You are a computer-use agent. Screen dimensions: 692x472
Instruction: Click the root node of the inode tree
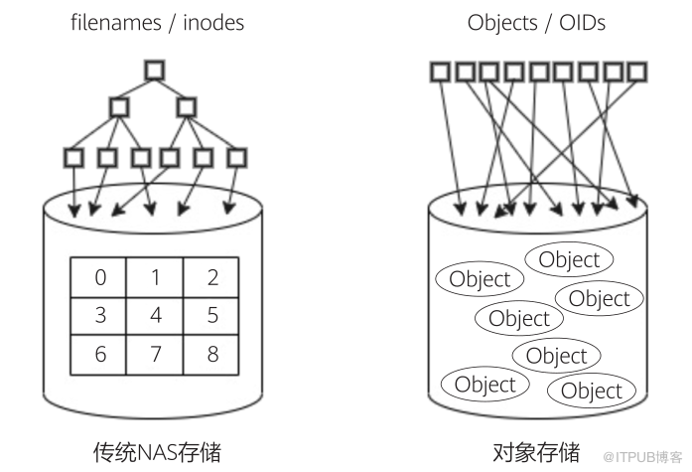click(x=155, y=71)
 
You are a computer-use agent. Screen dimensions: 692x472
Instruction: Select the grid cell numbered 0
click(x=98, y=277)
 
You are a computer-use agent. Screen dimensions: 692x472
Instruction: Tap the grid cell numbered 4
click(x=155, y=316)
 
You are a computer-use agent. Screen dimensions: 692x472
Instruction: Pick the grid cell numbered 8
click(x=210, y=355)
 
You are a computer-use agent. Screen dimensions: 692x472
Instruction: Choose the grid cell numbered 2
click(x=210, y=277)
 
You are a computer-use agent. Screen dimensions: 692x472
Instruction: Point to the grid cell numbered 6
click(x=98, y=355)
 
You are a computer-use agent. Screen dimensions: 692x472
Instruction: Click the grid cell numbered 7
click(x=155, y=355)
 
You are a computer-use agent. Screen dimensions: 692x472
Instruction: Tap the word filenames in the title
click(x=116, y=23)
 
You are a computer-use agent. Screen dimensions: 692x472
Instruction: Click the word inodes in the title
click(x=213, y=23)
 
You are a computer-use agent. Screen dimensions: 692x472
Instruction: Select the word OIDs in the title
click(x=582, y=23)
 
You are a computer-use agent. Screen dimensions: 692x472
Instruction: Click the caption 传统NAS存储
click(x=157, y=452)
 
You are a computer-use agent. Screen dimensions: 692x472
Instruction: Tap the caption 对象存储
click(x=536, y=452)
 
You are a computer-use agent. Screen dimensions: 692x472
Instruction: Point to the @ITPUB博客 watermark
click(x=642, y=457)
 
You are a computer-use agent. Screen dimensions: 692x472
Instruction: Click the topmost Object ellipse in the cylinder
click(x=569, y=259)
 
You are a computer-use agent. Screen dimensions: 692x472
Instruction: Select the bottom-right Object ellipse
click(x=592, y=391)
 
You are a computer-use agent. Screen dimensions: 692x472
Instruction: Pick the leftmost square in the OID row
click(x=440, y=72)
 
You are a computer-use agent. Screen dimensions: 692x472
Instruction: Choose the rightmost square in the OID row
click(x=636, y=72)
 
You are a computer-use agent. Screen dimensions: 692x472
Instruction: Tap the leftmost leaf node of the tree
click(x=73, y=158)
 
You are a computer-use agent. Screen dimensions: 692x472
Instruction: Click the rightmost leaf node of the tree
click(x=236, y=158)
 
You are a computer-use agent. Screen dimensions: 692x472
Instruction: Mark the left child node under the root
click(x=119, y=107)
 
